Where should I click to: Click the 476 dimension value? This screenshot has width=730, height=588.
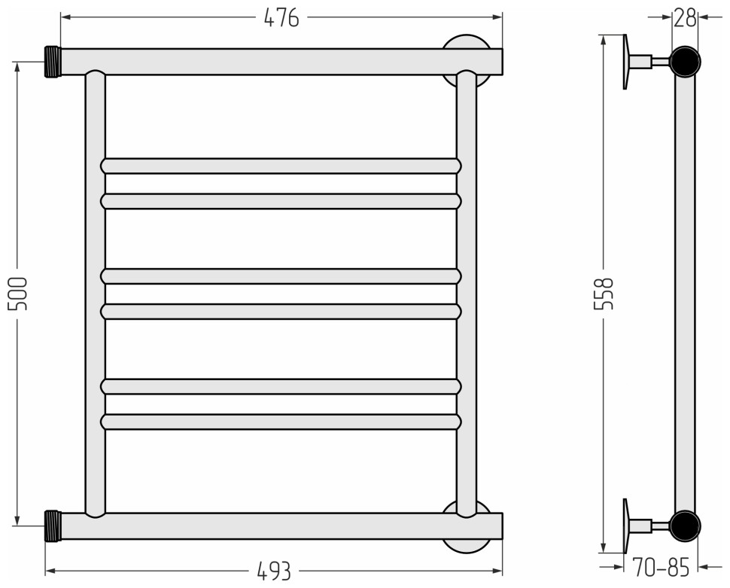[x=281, y=18]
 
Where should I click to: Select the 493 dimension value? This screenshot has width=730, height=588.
[x=274, y=571]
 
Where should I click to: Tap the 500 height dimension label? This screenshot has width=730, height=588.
[x=19, y=294]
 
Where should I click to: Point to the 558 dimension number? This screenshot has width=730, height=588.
[x=604, y=294]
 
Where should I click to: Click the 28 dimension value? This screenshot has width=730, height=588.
[x=685, y=18]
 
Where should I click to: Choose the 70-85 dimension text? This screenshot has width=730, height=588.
[x=661, y=567]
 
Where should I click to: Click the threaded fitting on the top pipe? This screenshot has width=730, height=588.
[x=53, y=62]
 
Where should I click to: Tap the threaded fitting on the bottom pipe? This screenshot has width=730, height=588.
[x=53, y=526]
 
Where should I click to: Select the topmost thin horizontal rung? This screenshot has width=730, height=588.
[x=281, y=166]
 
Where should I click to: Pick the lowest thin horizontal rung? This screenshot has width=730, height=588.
[x=281, y=422]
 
